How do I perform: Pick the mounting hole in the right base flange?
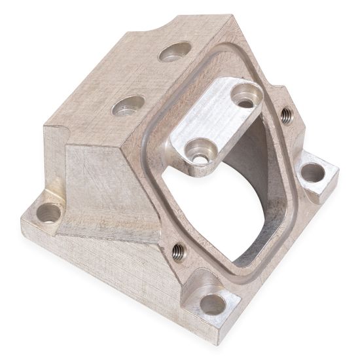(x=312, y=173)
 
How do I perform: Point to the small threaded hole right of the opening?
(x=286, y=115)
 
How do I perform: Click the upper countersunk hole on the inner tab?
(x=245, y=96)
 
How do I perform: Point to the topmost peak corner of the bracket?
(x=230, y=14)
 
